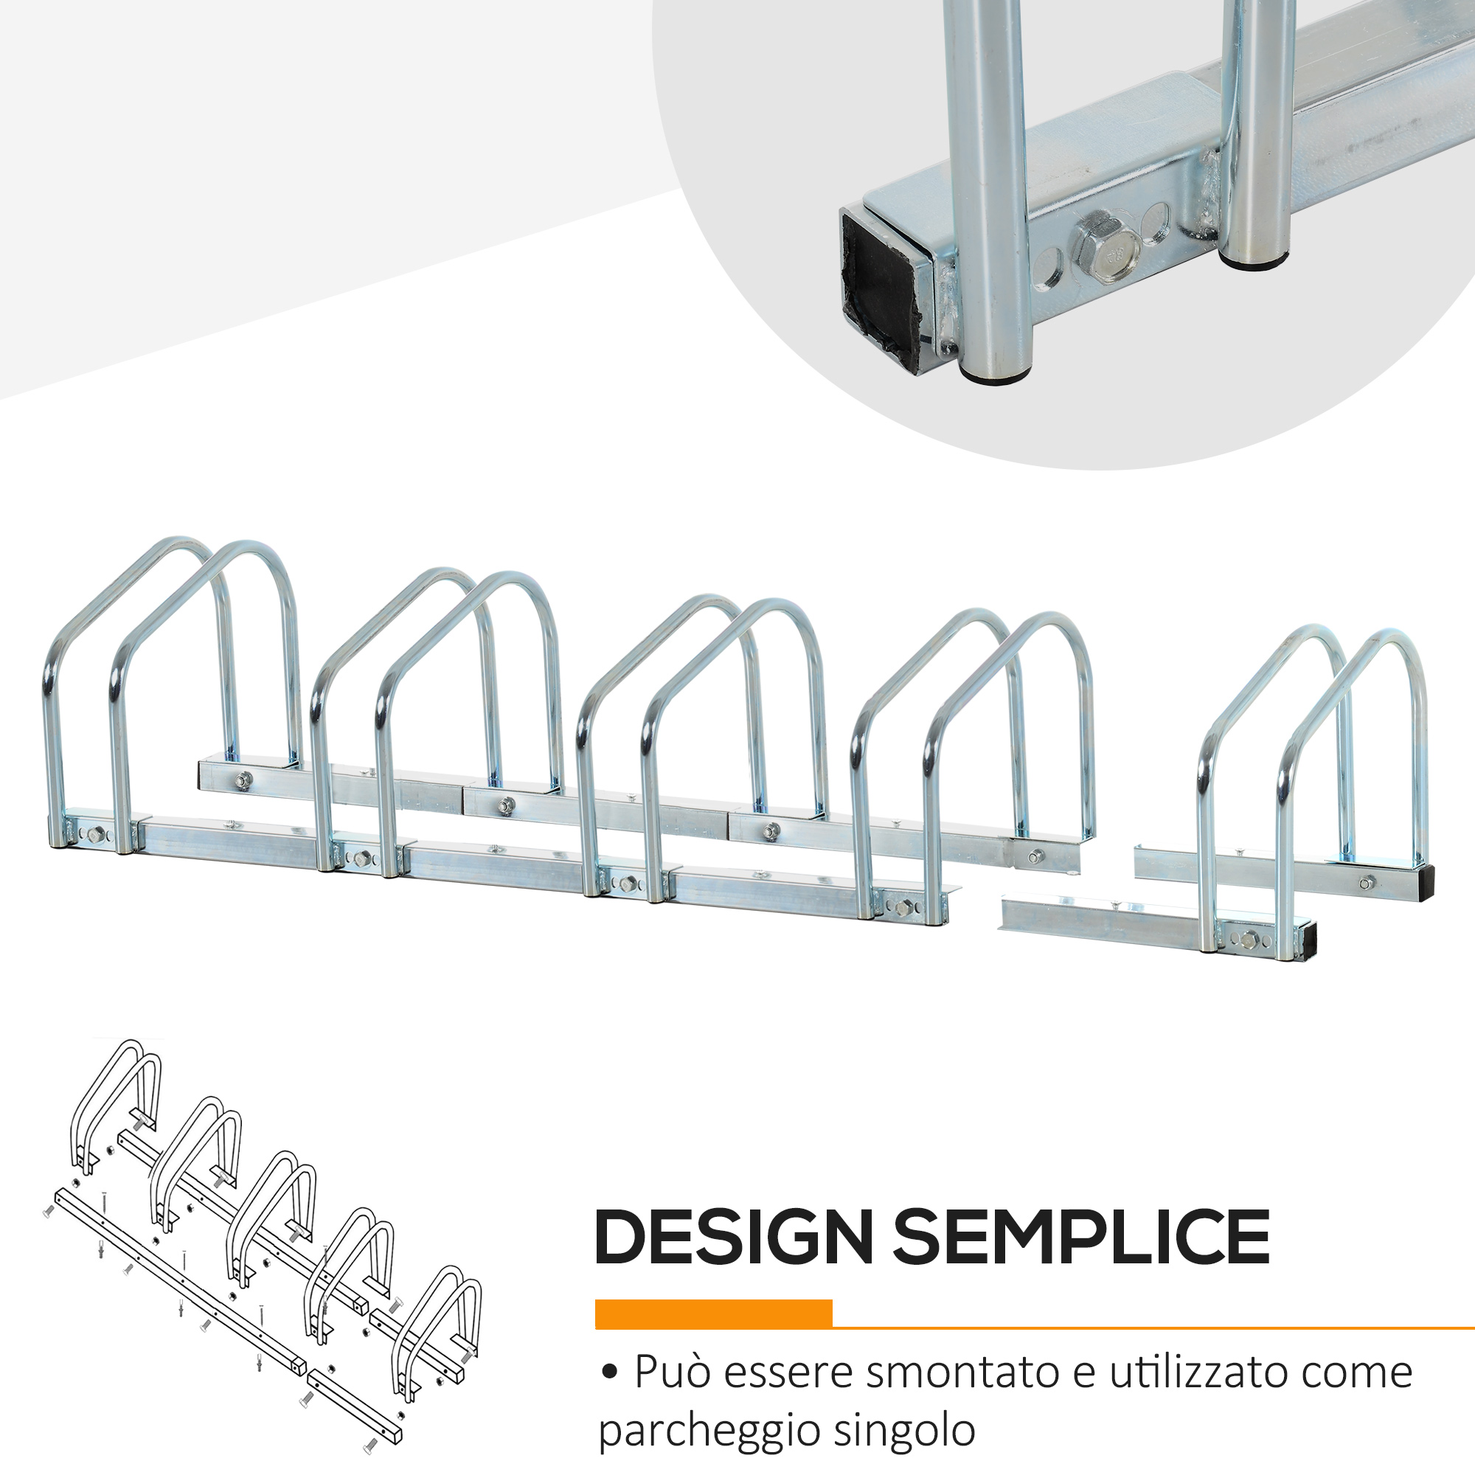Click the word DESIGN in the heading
click(x=734, y=1238)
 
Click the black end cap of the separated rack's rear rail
click(x=1426, y=884)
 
